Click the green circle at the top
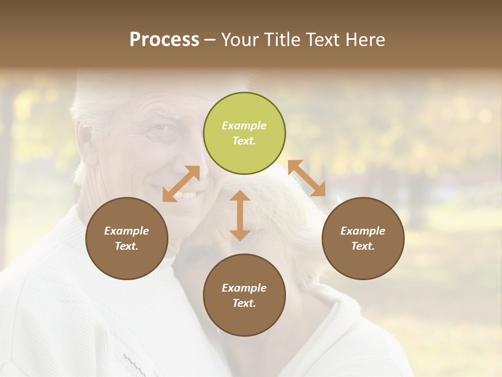point(244,133)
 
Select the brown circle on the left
point(127,238)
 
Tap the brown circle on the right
point(363,238)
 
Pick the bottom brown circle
point(244,295)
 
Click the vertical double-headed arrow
point(240,215)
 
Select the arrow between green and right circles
point(306,178)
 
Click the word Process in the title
point(164,40)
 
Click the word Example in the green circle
point(244,126)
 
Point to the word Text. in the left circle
point(127,246)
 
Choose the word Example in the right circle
point(363,231)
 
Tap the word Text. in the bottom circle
point(244,303)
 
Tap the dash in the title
point(210,40)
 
